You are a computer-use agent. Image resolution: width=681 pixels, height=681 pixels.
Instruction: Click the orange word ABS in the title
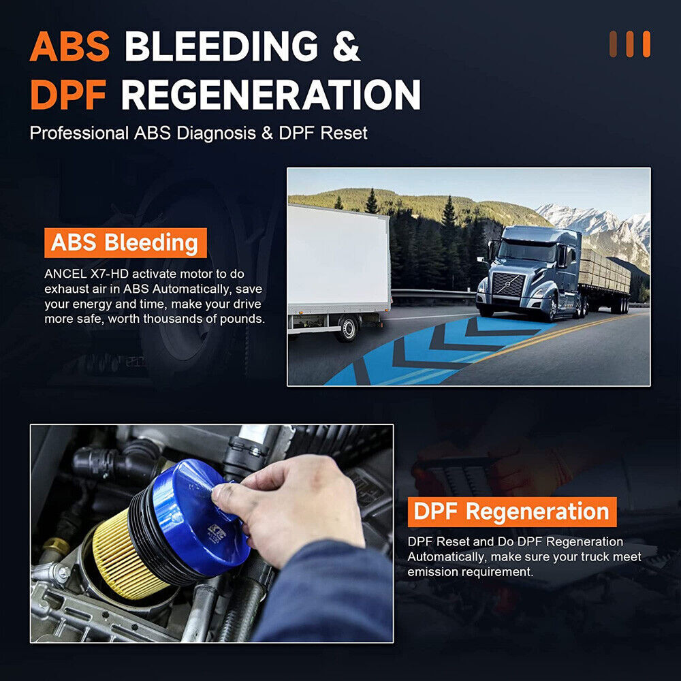click(69, 46)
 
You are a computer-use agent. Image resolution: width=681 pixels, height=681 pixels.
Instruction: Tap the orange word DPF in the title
click(68, 95)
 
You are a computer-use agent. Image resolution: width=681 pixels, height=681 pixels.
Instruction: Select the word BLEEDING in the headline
click(221, 46)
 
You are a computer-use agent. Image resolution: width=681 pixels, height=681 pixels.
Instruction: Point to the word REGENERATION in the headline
click(270, 95)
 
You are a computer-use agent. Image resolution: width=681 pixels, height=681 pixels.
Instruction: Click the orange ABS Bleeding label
click(125, 242)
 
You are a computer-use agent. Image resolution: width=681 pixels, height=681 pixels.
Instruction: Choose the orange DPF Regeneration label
click(512, 511)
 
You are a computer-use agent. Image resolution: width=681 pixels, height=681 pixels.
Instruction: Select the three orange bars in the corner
click(629, 44)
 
